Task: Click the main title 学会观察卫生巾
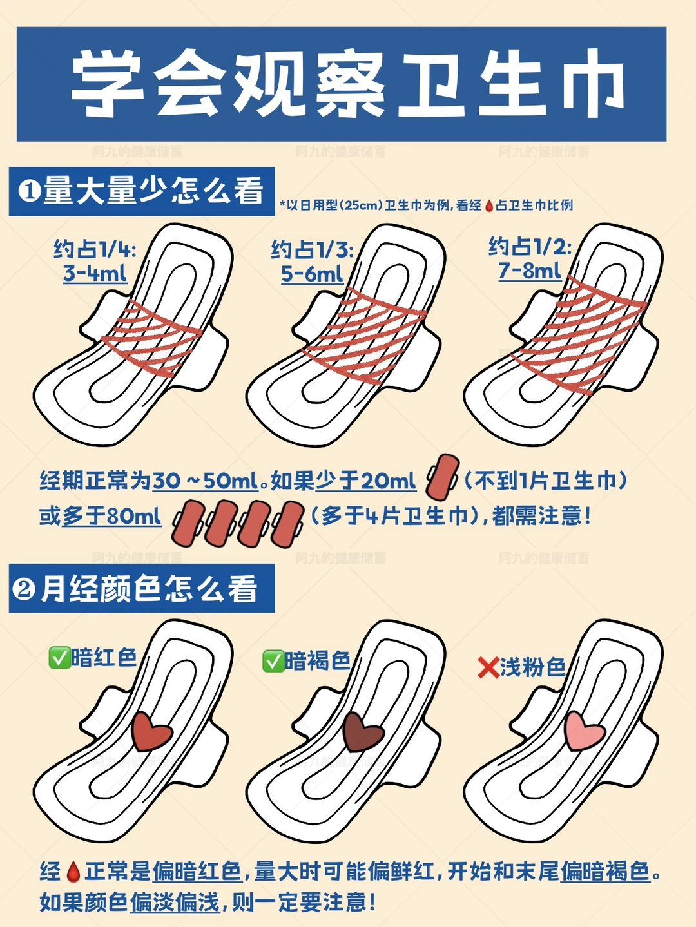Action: [347, 84]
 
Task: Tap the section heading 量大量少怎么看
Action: [153, 191]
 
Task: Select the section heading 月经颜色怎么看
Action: [149, 588]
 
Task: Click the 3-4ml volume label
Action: [95, 272]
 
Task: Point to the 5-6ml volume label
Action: [312, 274]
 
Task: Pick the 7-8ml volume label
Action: [530, 271]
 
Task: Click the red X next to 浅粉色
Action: [488, 667]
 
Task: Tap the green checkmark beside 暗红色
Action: [59, 658]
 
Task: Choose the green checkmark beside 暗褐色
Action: [273, 661]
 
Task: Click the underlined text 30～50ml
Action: [205, 481]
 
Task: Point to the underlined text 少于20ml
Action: [366, 481]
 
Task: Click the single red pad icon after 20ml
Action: [442, 477]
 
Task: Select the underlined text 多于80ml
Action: [111, 515]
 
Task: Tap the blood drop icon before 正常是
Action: [73, 872]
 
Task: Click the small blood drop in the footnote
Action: [489, 206]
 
